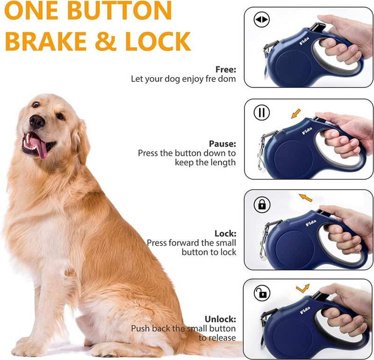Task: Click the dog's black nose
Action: (37, 122)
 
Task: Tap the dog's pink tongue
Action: (42, 149)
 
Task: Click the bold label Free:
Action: (225, 70)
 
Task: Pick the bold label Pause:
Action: (223, 143)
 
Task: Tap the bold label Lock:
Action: (225, 233)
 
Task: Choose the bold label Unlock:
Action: (220, 319)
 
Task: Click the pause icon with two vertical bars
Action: (262, 113)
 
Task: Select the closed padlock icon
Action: (262, 204)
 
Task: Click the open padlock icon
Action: (262, 293)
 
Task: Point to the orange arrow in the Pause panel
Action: (295, 113)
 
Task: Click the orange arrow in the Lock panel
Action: (305, 198)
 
